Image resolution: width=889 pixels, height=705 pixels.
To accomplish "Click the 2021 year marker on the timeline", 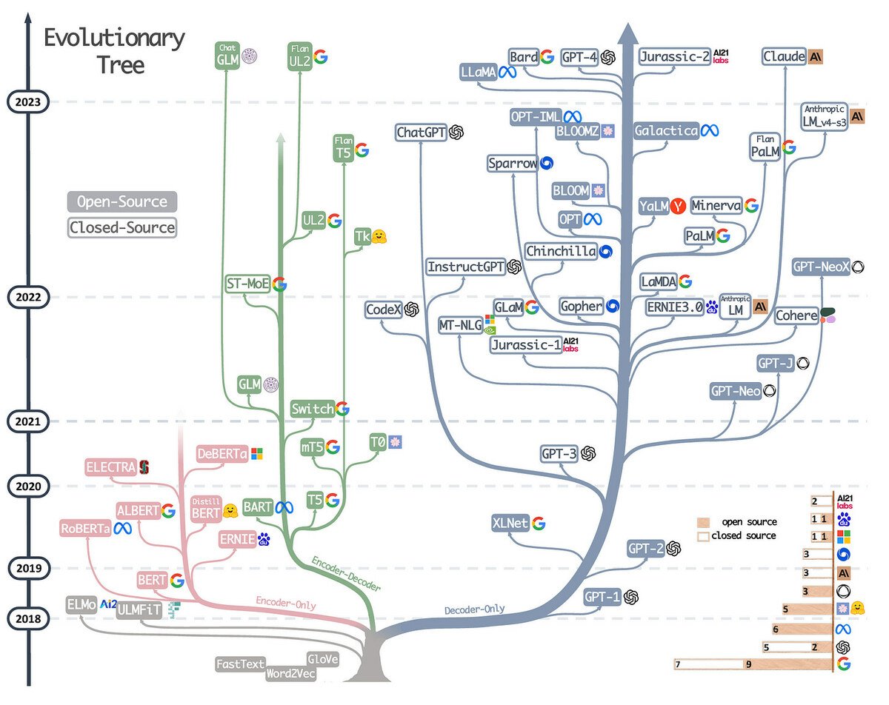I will [x=28, y=421].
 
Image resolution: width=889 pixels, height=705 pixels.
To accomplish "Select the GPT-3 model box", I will [x=559, y=454].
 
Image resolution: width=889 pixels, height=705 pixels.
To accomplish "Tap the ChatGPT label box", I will [x=420, y=133].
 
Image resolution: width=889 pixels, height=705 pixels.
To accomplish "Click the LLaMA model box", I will [x=478, y=73].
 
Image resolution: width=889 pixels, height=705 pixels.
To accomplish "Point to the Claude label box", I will [x=784, y=57].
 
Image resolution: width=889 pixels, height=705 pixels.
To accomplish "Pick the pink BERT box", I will [x=152, y=580].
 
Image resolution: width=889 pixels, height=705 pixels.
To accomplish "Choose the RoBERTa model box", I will [x=85, y=528].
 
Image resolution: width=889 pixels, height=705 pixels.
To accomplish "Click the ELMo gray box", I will [x=81, y=604].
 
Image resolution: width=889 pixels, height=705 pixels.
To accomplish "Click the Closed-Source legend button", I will [x=122, y=227].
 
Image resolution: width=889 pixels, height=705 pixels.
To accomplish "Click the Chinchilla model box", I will [x=561, y=252].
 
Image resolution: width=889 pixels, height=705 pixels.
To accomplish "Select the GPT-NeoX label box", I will [x=820, y=267].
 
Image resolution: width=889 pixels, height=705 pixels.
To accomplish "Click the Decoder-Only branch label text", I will [x=475, y=609].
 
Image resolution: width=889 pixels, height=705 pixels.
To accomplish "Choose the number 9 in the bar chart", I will [x=749, y=664].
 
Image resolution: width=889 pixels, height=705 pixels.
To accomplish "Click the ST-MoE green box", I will [x=247, y=284].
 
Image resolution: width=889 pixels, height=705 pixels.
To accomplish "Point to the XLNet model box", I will [x=510, y=524].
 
